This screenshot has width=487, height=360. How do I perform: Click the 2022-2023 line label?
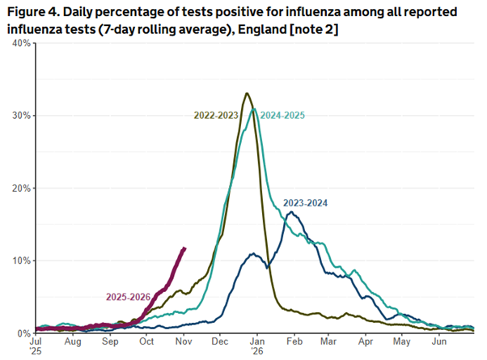(216, 116)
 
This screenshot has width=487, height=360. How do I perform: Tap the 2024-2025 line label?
(282, 116)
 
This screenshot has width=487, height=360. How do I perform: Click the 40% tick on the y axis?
(22, 43)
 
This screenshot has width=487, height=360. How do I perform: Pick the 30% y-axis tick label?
(22, 116)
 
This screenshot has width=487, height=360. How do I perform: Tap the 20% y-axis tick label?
(22, 188)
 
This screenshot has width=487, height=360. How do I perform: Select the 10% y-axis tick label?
(22, 260)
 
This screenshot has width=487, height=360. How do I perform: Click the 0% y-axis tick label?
(24, 333)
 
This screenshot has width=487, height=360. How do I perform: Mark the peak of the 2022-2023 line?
(247, 93)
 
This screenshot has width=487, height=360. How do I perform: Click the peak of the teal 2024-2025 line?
(254, 108)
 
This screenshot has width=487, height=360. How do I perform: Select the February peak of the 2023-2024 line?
(290, 212)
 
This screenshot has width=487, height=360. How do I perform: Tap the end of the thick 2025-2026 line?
(185, 248)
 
